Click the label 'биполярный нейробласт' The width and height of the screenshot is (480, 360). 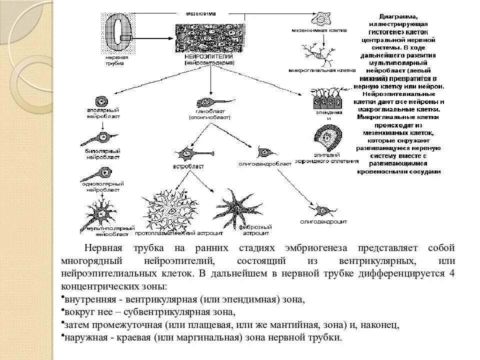click(x=102, y=153)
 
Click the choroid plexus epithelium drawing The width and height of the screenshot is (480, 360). click(x=329, y=138)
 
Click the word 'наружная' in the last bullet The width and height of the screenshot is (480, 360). click(x=80, y=338)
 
